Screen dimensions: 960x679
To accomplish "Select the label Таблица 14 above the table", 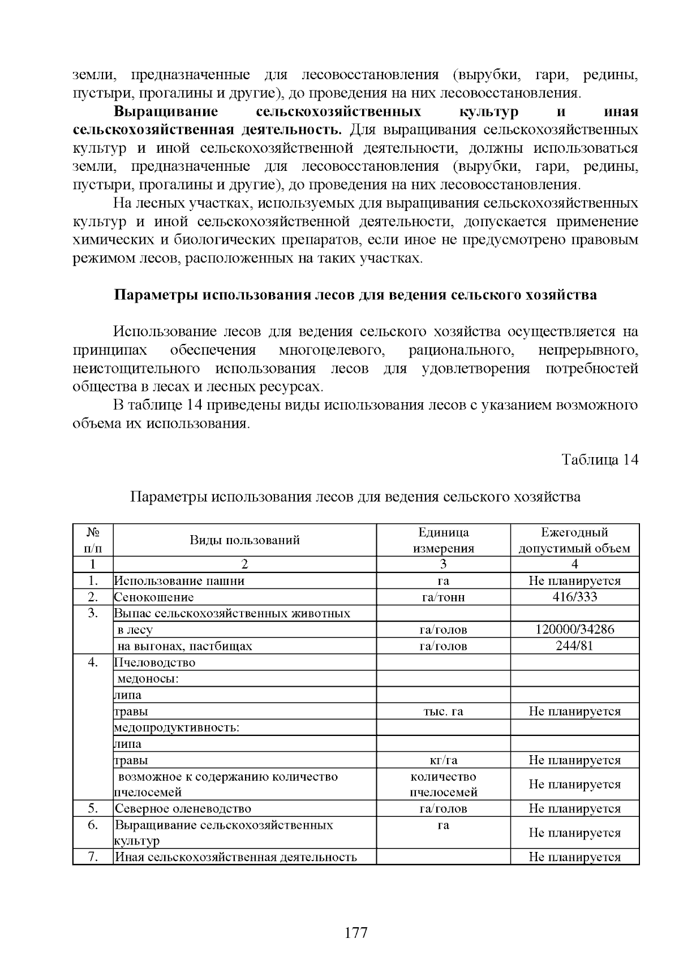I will (x=600, y=460).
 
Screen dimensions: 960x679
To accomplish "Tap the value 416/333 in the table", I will (x=574, y=597).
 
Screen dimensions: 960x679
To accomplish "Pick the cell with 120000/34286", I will (x=574, y=630).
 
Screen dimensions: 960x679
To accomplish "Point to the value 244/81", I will (x=574, y=646).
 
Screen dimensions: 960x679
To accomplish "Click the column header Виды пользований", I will (x=244, y=540).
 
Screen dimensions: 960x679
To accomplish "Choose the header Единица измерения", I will (x=443, y=540).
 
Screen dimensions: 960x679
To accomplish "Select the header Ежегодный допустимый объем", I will (x=574, y=540).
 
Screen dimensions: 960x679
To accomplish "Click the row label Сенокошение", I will (x=154, y=597).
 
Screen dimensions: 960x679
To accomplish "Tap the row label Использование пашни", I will (x=179, y=581).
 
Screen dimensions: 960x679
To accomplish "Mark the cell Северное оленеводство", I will (x=183, y=809).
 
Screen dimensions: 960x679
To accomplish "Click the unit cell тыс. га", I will (x=443, y=712).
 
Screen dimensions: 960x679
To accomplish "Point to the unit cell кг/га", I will (x=443, y=760).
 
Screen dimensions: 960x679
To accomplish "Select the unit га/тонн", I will (x=443, y=597).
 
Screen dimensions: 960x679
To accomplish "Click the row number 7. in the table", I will (x=93, y=857).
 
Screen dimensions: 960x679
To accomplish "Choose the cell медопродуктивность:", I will (x=177, y=727).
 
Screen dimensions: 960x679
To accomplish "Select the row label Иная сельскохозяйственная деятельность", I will (x=235, y=857).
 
